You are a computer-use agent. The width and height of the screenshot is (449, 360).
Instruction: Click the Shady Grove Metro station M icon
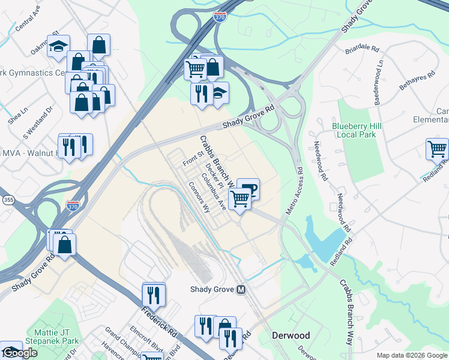point(241,289)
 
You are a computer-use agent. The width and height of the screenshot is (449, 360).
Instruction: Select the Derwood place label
point(291,335)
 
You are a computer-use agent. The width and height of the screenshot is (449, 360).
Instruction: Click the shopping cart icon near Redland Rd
point(437,148)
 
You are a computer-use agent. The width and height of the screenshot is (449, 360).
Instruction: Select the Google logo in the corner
point(19,353)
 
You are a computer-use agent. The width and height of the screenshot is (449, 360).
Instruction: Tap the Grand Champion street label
point(122,340)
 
